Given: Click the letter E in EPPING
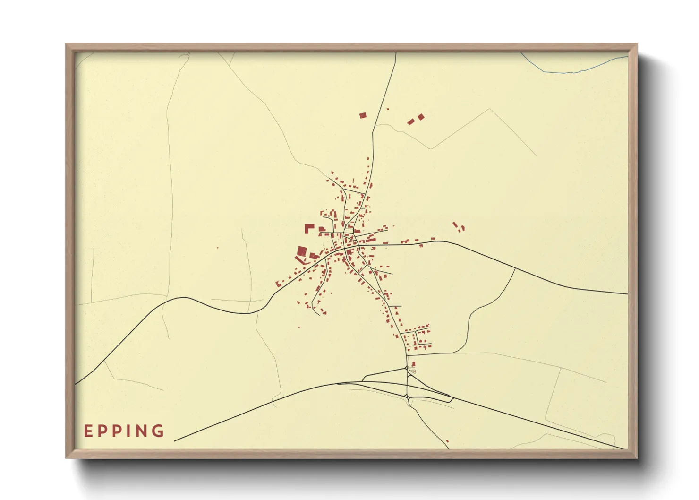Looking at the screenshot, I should [x=87, y=431].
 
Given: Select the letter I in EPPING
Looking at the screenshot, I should [x=127, y=431].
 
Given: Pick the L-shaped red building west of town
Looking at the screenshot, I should [x=308, y=228].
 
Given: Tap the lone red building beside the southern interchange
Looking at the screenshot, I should [x=414, y=364].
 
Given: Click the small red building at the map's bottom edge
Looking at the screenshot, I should [x=447, y=441].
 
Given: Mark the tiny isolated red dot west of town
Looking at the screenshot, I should [x=218, y=248].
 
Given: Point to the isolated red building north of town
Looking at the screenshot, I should [x=363, y=115].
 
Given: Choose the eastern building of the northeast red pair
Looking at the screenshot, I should [x=421, y=116].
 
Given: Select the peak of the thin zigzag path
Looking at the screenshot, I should [x=490, y=109].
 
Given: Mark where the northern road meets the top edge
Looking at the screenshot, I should [x=396, y=53].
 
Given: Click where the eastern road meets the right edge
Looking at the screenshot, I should [x=627, y=294].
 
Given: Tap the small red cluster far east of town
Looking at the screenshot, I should [x=458, y=227].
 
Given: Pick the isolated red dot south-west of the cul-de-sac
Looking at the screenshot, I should [x=299, y=327].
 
